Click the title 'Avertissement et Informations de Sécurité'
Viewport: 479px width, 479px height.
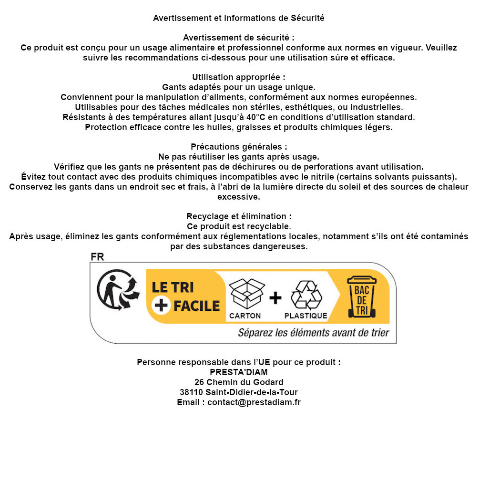point(239,18)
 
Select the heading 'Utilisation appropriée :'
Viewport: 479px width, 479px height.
point(239,77)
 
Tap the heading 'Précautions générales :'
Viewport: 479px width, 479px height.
point(239,147)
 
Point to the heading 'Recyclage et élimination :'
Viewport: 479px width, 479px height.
point(239,216)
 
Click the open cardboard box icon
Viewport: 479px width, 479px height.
point(246,294)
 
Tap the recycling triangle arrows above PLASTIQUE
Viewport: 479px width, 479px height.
point(306,295)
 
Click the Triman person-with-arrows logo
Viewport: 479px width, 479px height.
point(118,291)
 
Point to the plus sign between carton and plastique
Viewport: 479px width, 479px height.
point(275,298)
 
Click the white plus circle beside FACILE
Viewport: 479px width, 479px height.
point(161,306)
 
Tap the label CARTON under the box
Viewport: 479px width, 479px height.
point(245,316)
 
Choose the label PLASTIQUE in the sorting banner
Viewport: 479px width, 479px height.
point(306,316)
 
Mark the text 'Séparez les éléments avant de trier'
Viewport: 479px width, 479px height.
point(314,333)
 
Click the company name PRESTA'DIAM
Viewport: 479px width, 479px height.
point(239,372)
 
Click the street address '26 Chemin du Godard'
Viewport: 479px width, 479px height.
point(239,382)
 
